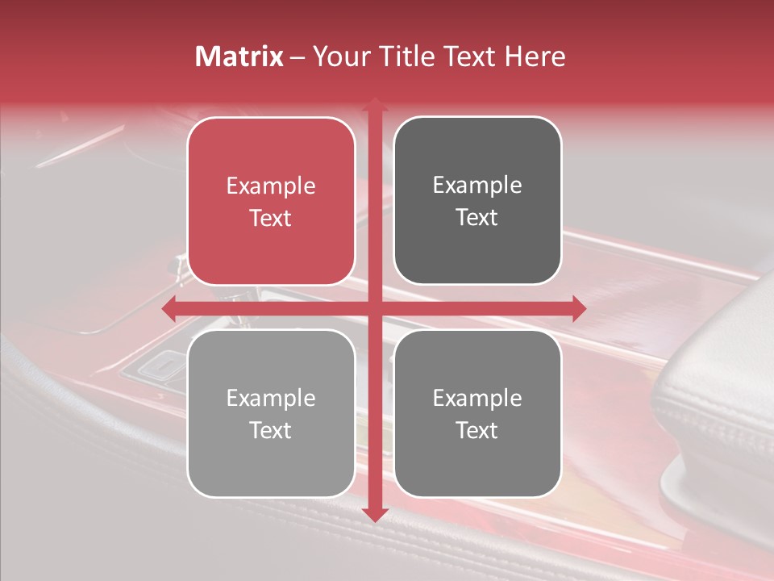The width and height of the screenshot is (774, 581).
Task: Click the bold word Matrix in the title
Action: (239, 56)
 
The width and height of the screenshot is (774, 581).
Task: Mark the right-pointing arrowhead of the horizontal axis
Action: (578, 308)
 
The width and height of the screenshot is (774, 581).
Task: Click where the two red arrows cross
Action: (374, 308)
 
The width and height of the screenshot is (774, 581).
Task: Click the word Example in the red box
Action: (271, 186)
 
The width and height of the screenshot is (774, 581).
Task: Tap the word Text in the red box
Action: (271, 218)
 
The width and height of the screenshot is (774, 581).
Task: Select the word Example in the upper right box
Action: (477, 186)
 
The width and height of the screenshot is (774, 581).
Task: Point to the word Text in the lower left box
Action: (271, 430)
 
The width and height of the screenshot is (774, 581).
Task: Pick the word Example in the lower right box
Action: (477, 398)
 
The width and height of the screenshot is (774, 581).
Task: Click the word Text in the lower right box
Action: (477, 430)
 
